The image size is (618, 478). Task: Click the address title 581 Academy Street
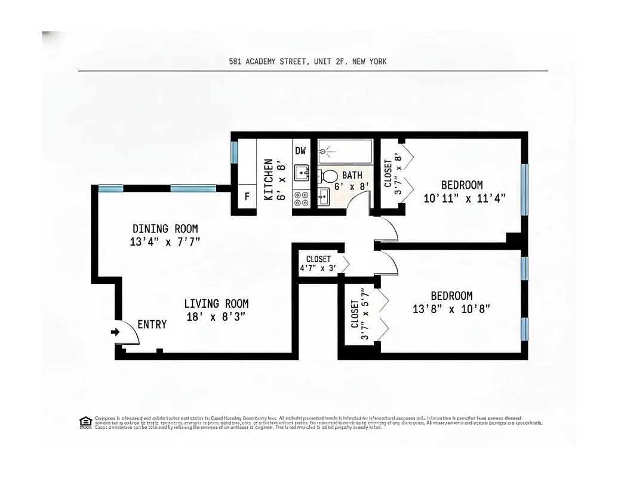[308, 61]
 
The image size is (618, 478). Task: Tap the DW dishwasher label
[300, 151]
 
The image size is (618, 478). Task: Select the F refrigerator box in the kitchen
[247, 197]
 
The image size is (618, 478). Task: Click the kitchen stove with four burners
[301, 198]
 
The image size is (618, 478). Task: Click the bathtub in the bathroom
[345, 152]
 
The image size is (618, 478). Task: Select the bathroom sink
[323, 197]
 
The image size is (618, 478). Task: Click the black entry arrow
[115, 332]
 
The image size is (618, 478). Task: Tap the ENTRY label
[152, 324]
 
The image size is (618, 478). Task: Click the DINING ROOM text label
[165, 229]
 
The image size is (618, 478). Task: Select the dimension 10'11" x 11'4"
[465, 198]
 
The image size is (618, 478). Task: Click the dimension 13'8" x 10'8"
[451, 309]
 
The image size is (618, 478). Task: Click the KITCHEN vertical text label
[269, 179]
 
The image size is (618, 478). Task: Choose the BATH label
[352, 176]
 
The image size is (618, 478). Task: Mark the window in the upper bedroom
[524, 189]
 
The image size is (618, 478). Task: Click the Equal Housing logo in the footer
[85, 422]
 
